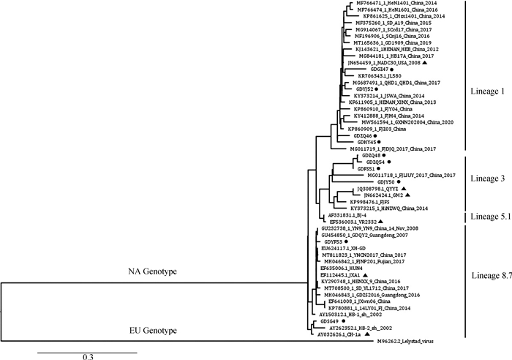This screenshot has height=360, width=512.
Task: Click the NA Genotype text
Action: click(142, 271)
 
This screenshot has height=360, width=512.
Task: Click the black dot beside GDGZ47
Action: click(392, 70)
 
